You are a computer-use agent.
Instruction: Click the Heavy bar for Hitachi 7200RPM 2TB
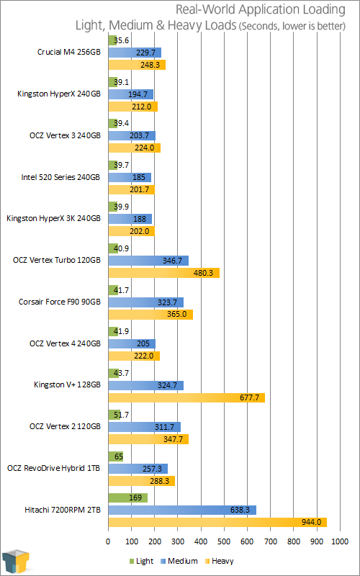(x=217, y=523)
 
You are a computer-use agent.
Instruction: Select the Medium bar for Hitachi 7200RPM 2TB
(x=182, y=510)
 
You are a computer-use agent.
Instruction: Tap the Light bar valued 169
(x=128, y=498)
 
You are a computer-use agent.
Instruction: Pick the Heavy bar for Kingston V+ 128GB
(x=186, y=397)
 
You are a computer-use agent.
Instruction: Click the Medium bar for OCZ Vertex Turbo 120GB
(x=148, y=261)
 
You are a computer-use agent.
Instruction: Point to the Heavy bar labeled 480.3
(x=164, y=273)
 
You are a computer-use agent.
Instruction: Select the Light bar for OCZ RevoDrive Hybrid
(x=116, y=456)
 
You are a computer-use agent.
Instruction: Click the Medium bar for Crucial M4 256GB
(x=135, y=53)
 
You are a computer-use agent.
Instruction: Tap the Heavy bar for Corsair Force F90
(x=150, y=315)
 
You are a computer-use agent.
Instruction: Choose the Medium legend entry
(x=179, y=561)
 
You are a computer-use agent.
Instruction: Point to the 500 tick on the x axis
(x=224, y=541)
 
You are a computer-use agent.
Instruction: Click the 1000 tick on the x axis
(x=339, y=541)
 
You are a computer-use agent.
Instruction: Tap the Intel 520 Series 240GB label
(x=60, y=177)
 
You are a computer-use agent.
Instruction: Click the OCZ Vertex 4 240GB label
(x=65, y=343)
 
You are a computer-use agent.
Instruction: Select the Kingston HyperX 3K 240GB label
(x=53, y=219)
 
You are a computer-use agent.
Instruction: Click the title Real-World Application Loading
(x=261, y=9)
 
